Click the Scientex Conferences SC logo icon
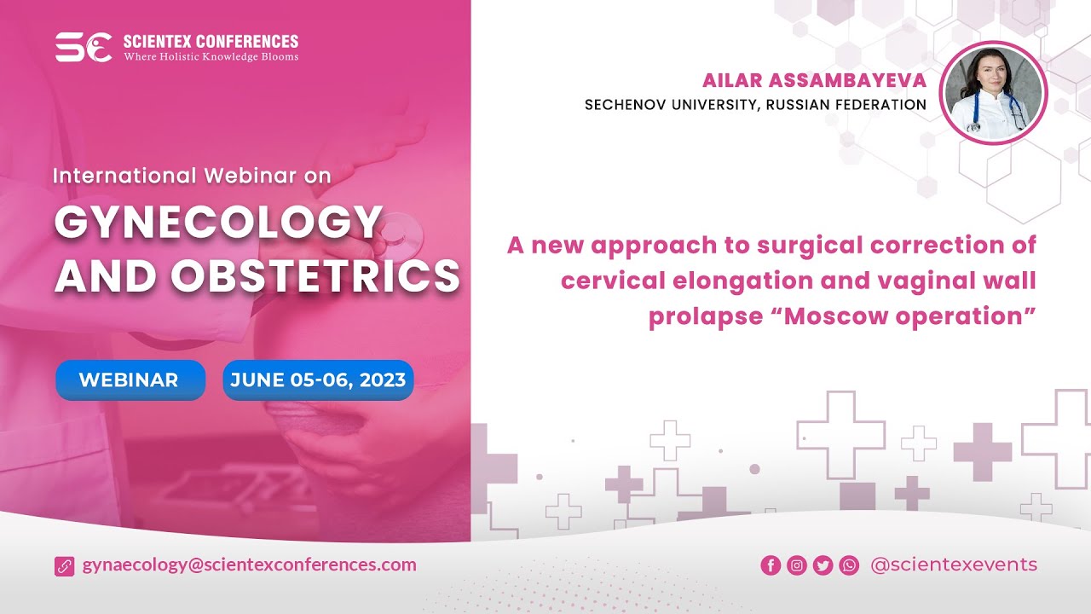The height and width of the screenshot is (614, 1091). pos(84,48)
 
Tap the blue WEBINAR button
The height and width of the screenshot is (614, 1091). pos(130,380)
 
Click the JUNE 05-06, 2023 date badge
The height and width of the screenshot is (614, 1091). pos(318,380)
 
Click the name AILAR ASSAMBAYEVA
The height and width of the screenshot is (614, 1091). pos(814,81)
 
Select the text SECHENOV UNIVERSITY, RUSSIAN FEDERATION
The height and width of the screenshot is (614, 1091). pos(755,105)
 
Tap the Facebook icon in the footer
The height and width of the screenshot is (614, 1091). pos(771,565)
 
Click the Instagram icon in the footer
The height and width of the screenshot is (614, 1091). pos(797,565)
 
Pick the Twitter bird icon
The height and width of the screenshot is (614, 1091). pos(823,565)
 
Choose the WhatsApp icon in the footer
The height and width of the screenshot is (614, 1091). pos(849,565)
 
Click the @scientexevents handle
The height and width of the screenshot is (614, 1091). pos(954,565)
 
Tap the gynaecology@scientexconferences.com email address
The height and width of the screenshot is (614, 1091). pos(250,565)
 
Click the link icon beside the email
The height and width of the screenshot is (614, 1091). pos(65,565)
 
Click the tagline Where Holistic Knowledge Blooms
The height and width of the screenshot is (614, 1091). pos(211,57)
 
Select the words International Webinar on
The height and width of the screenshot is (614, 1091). pos(192,176)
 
